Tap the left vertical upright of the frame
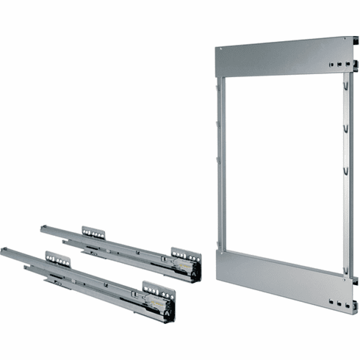(x=220, y=162)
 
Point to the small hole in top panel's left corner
(x=219, y=51)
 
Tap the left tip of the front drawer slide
(x=4, y=251)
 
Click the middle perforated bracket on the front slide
(x=57, y=259)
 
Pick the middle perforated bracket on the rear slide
(x=93, y=232)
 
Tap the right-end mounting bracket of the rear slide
(x=187, y=259)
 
